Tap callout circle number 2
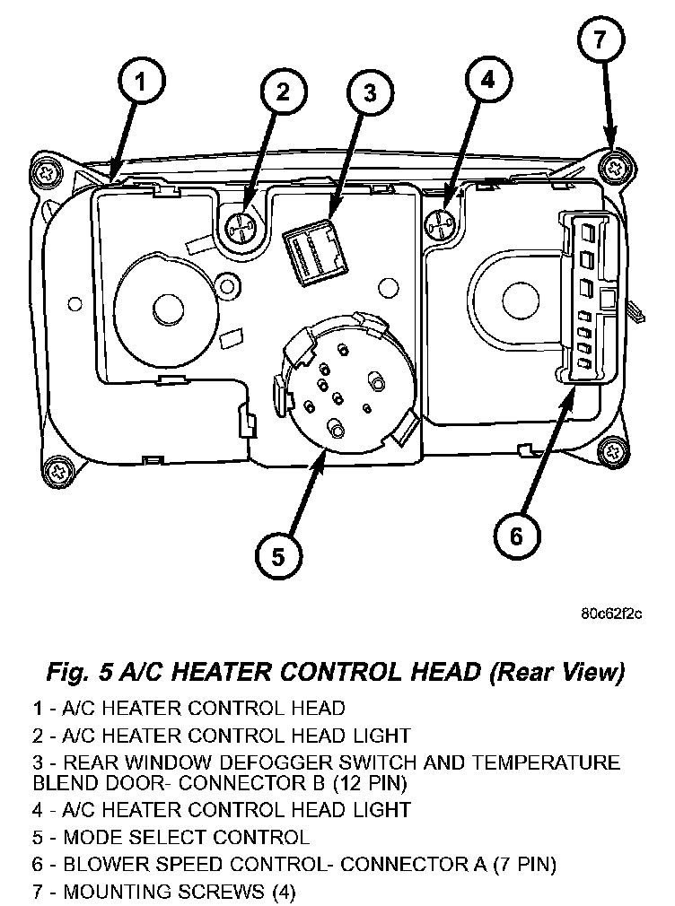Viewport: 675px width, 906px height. (283, 91)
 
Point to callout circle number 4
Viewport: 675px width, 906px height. (486, 81)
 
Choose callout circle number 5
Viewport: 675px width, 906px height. (278, 557)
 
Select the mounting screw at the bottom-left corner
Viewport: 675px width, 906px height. (58, 467)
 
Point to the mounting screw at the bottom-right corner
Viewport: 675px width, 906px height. (613, 451)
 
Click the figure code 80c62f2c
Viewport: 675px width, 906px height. (611, 614)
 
